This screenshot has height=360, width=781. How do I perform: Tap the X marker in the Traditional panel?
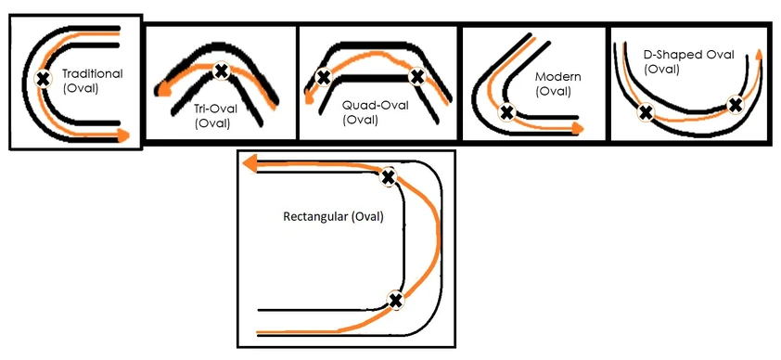(x=43, y=79)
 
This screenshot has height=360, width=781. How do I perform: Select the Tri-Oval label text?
(x=213, y=109)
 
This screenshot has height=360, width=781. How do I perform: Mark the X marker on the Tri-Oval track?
(x=221, y=70)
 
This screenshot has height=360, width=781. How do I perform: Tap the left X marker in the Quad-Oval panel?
(x=323, y=78)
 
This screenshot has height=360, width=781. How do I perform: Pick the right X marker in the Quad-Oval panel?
(x=417, y=77)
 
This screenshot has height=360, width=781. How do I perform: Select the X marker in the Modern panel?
(x=506, y=112)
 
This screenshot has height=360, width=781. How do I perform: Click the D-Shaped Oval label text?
(x=684, y=55)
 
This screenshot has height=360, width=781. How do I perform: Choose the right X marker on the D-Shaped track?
(x=735, y=105)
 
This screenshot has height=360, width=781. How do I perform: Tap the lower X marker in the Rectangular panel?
(x=396, y=300)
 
